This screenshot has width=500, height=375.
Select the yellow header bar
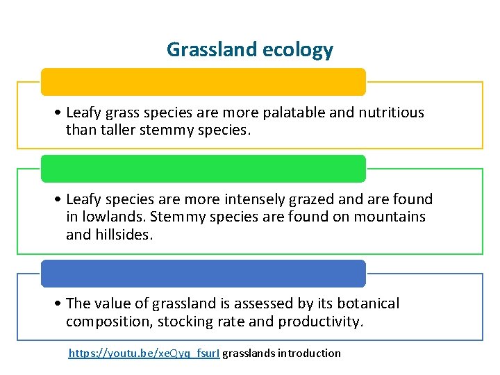coord(203,82)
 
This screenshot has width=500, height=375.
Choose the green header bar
coord(203,169)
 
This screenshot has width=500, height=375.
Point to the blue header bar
coord(203,274)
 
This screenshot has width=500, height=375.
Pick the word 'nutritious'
coord(391,112)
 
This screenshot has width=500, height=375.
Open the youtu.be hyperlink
coord(144,353)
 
